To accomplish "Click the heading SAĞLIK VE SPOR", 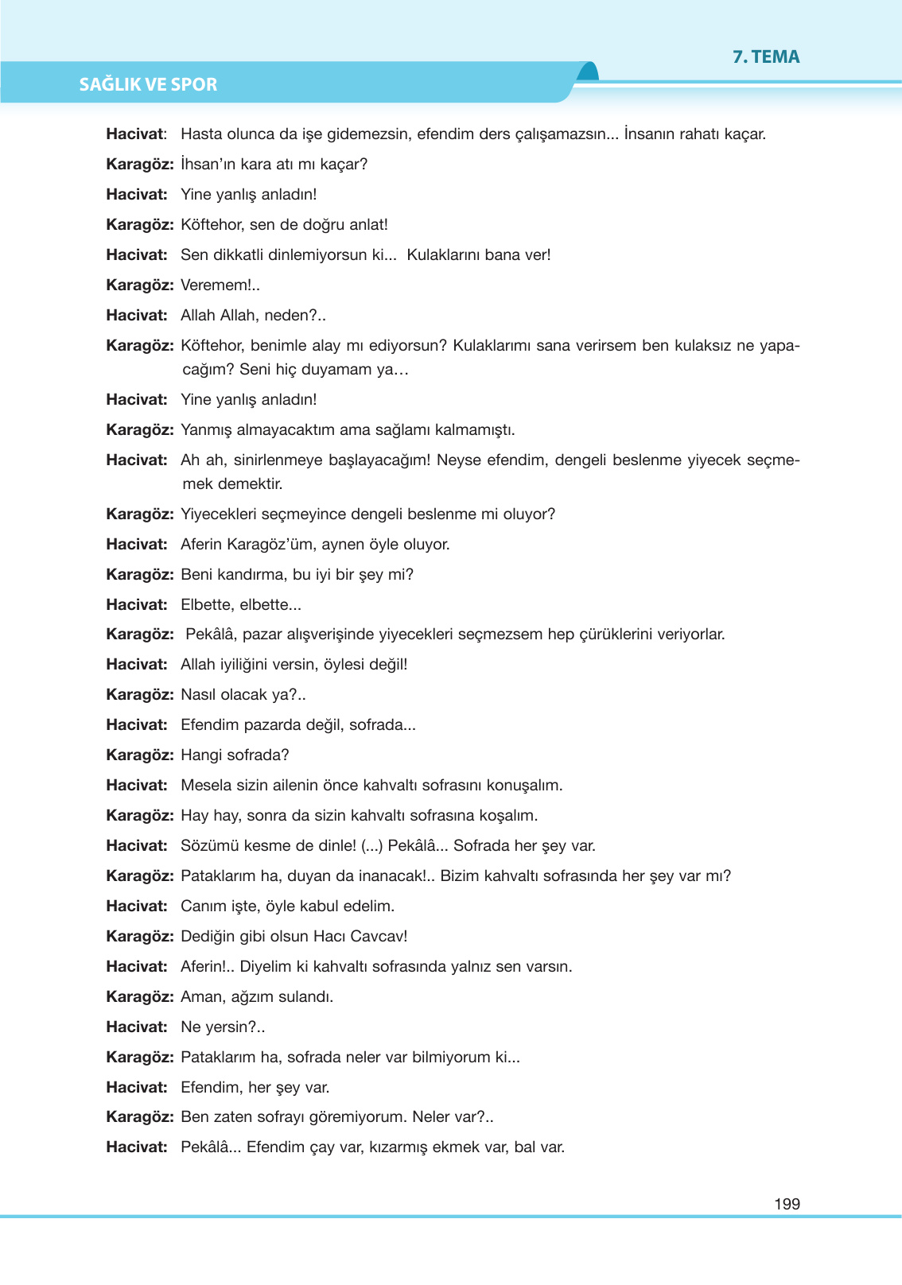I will coord(148,84).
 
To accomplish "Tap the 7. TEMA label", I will coord(766,56).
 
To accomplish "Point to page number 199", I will coord(787,1204).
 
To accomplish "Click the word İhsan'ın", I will coord(208,165).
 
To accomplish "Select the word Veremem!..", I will coord(220,285).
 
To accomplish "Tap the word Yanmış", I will coord(206,430).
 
